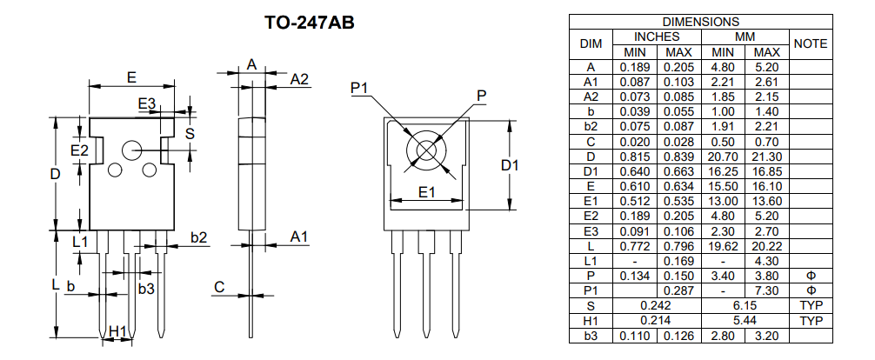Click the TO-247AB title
tap(309, 22)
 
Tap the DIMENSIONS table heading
tap(700, 21)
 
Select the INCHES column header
tap(657, 37)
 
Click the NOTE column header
tap(811, 43)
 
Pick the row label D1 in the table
tap(591, 171)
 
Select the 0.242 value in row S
tap(657, 305)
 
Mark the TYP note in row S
tap(811, 305)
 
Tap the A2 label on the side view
tap(299, 79)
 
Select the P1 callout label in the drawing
tap(360, 87)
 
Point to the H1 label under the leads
tap(118, 330)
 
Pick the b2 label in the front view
tap(198, 237)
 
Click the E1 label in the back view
tap(426, 192)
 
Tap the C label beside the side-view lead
tap(219, 287)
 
